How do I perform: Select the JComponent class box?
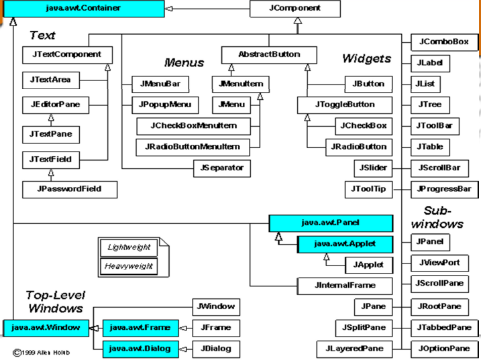295,9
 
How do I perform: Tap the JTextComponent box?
66,54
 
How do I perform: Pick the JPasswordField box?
70,189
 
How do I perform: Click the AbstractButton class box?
269,54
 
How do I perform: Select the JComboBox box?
443,43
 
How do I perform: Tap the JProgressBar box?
443,189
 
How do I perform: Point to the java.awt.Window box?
46,328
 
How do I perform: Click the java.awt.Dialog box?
140,349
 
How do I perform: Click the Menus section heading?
183,63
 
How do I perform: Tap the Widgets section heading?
366,58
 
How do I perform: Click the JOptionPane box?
443,349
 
